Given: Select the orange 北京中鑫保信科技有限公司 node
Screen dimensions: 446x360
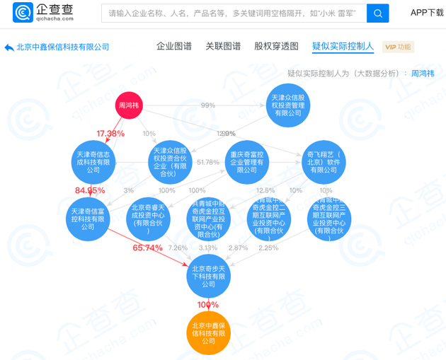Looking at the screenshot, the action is coord(208,332).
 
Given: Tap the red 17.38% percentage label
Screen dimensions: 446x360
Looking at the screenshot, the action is coord(110,134).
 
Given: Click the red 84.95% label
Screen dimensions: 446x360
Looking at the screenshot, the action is coord(90,191).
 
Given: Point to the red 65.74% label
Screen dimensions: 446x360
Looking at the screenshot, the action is coord(147,248).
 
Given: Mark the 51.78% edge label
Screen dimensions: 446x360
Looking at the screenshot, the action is coord(207,163).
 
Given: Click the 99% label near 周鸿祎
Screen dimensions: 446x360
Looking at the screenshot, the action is coord(207,105).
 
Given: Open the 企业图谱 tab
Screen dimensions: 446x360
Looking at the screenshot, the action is coord(173,47).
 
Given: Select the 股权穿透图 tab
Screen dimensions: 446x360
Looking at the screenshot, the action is coord(276,47).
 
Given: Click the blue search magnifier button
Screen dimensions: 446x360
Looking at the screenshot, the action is coord(377,13).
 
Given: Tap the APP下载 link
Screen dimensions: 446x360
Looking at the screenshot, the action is coord(427,13).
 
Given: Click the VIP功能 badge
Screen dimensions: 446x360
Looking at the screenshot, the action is coord(398,47).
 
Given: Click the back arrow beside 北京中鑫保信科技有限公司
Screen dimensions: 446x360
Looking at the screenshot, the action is coord(9,47).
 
